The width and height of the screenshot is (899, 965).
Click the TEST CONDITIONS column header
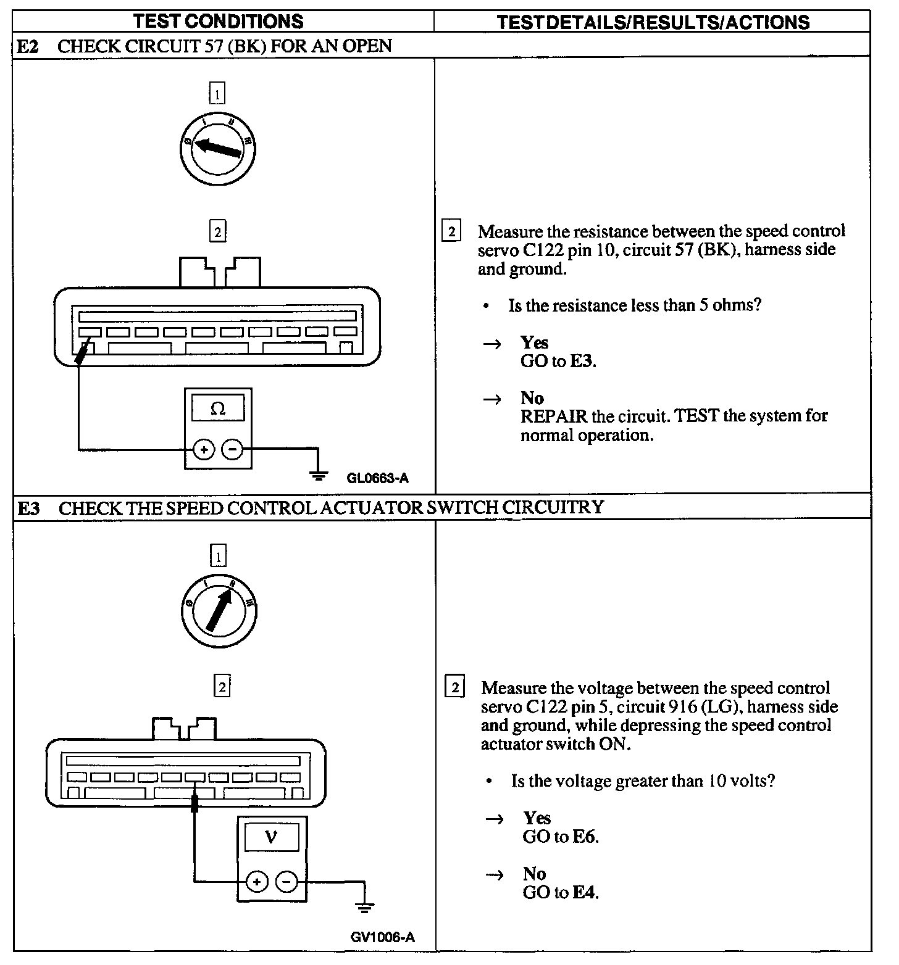219,21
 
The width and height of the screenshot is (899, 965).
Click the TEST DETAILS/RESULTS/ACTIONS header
653,22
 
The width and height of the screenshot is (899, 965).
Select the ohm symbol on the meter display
218,408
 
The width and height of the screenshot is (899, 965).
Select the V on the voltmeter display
271,837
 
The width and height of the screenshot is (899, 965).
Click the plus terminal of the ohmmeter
204,449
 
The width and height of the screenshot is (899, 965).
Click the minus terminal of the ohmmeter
232,449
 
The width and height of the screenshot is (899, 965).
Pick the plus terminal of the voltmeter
257,882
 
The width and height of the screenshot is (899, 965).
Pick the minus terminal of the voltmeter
286,882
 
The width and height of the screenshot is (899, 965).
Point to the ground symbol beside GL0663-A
318,474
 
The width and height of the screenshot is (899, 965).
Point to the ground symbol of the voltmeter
365,907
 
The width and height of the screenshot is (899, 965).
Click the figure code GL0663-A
378,478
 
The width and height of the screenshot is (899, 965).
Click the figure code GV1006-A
382,937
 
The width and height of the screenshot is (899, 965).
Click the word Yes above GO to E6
537,818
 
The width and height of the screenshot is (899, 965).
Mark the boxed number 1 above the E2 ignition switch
217,94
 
